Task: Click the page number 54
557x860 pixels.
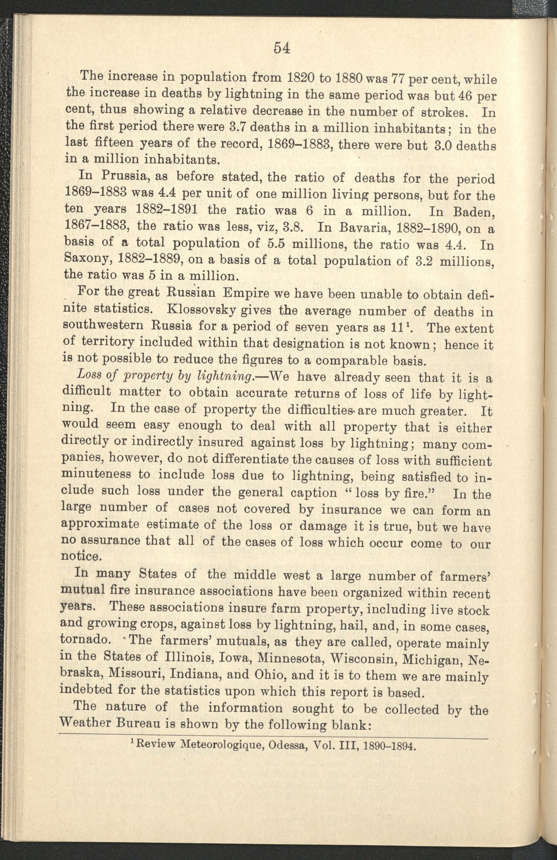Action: [x=282, y=48]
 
